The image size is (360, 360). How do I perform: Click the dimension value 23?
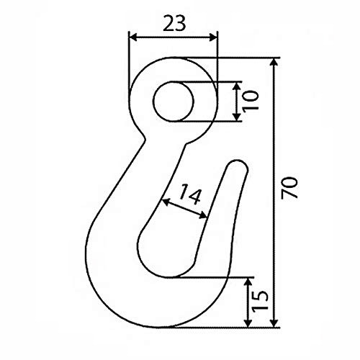pos(172,23)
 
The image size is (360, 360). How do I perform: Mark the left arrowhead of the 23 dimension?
pos(132,37)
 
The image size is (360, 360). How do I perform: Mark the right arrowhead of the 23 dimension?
pos(213,37)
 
